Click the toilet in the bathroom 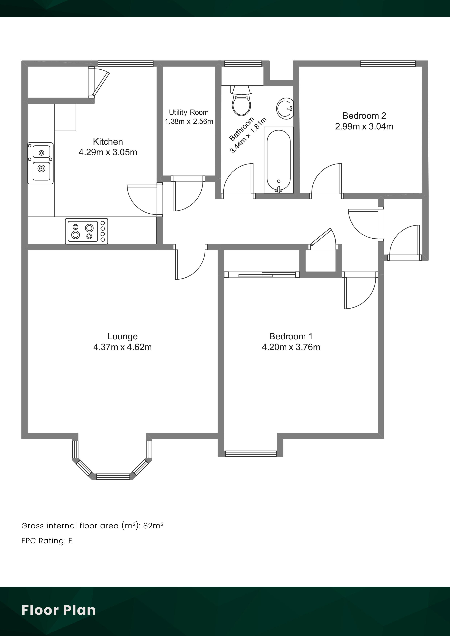[x=242, y=100]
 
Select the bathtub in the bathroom [x=279, y=160]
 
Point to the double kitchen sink [x=40, y=163]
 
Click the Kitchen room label [x=108, y=142]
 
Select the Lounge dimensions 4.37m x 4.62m [x=122, y=347]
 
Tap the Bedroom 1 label [x=291, y=336]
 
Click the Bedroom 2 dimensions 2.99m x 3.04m [x=364, y=127]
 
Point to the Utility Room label [x=189, y=112]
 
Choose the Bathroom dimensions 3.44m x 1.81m [x=248, y=135]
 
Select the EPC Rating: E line [x=47, y=541]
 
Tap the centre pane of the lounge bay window [x=113, y=476]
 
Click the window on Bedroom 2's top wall [x=388, y=63]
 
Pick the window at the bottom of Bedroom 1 [x=251, y=454]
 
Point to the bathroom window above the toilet [x=243, y=63]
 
